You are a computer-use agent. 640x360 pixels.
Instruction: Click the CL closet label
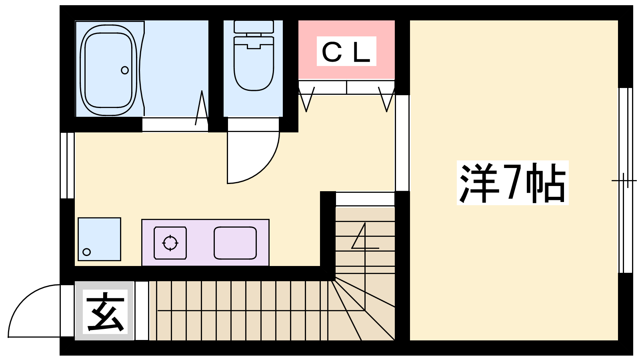pos(346,52)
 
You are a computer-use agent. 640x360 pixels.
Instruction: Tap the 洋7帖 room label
pos(512,183)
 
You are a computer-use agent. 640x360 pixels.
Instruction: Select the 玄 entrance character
pos(105,312)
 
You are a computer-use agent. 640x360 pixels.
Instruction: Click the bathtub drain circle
pos(125,70)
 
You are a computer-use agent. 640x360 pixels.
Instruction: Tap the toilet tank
pos(254,27)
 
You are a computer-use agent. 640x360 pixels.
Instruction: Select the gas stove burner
pos(170,242)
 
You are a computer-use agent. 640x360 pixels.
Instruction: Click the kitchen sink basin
pos(235,242)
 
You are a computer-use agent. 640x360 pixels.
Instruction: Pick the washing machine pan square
pos(99,239)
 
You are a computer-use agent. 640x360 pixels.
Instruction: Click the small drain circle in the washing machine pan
pos(87,252)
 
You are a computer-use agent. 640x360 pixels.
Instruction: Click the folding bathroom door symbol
pos(202,108)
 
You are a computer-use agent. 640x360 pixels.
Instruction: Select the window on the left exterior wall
pos(67,165)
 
